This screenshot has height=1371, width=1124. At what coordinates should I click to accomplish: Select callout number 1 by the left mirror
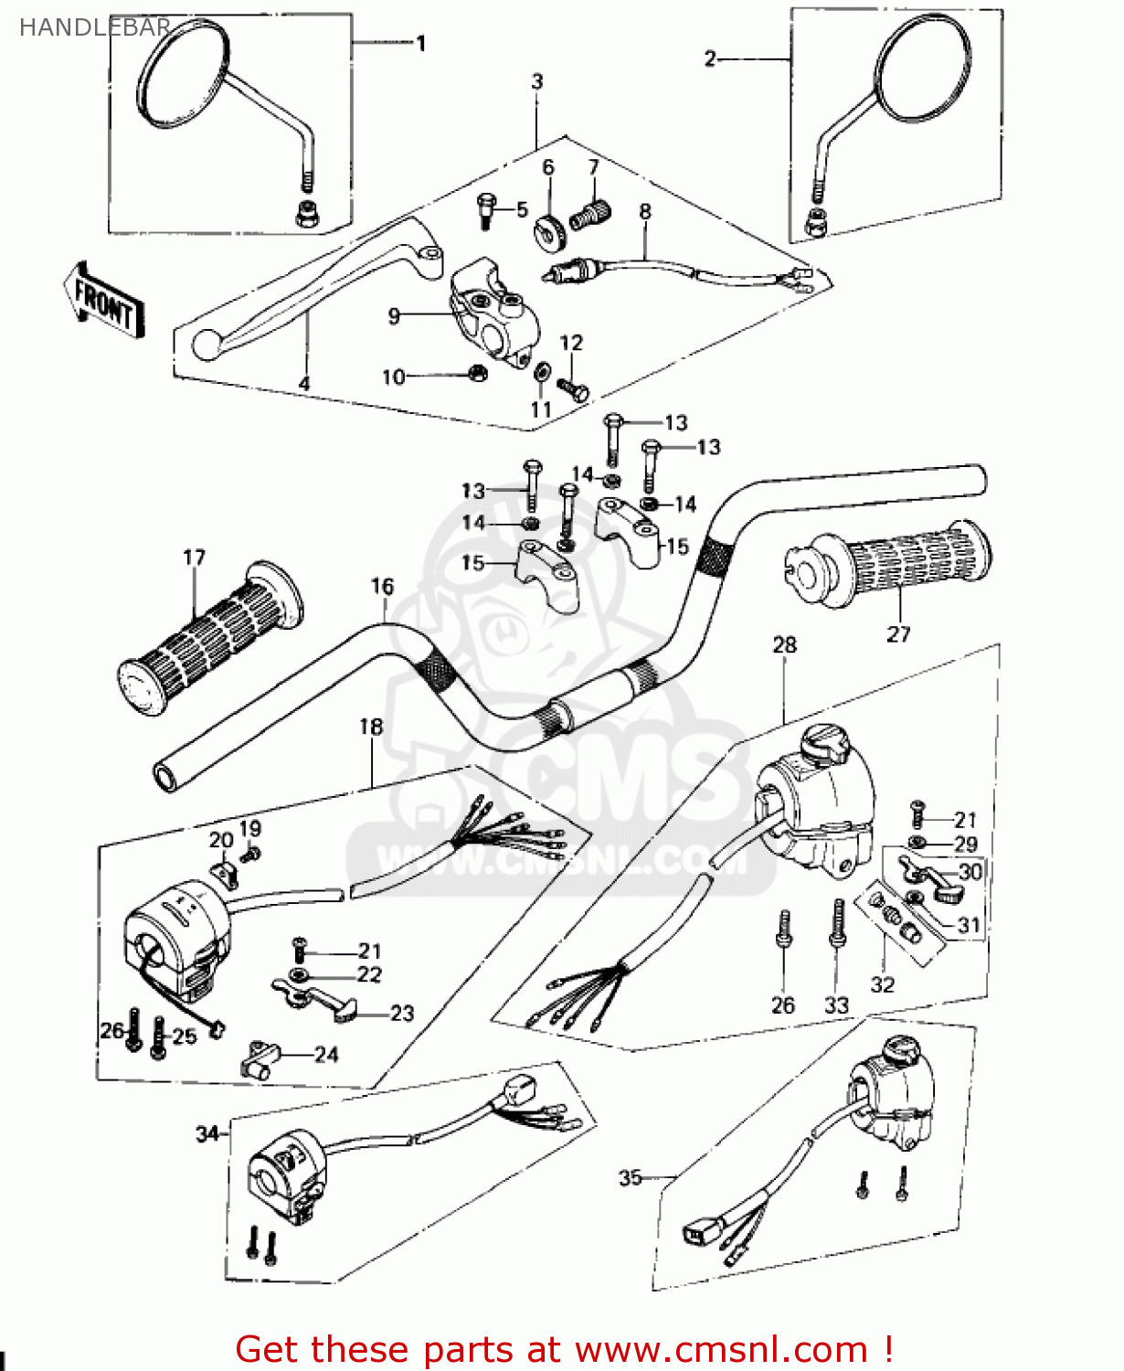(x=420, y=43)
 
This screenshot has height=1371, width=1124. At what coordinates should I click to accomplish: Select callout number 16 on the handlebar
(x=382, y=586)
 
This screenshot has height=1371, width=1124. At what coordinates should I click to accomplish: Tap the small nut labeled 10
(x=476, y=373)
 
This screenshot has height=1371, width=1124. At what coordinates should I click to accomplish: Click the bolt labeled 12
(x=576, y=390)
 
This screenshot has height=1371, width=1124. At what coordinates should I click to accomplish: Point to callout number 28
(x=784, y=644)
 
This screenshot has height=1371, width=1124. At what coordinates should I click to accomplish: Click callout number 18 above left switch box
(x=370, y=727)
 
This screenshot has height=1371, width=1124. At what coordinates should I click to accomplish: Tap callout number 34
(x=207, y=1133)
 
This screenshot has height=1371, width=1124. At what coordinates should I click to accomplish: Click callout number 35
(x=631, y=1177)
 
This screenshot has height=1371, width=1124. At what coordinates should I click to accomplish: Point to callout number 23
(x=402, y=1013)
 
